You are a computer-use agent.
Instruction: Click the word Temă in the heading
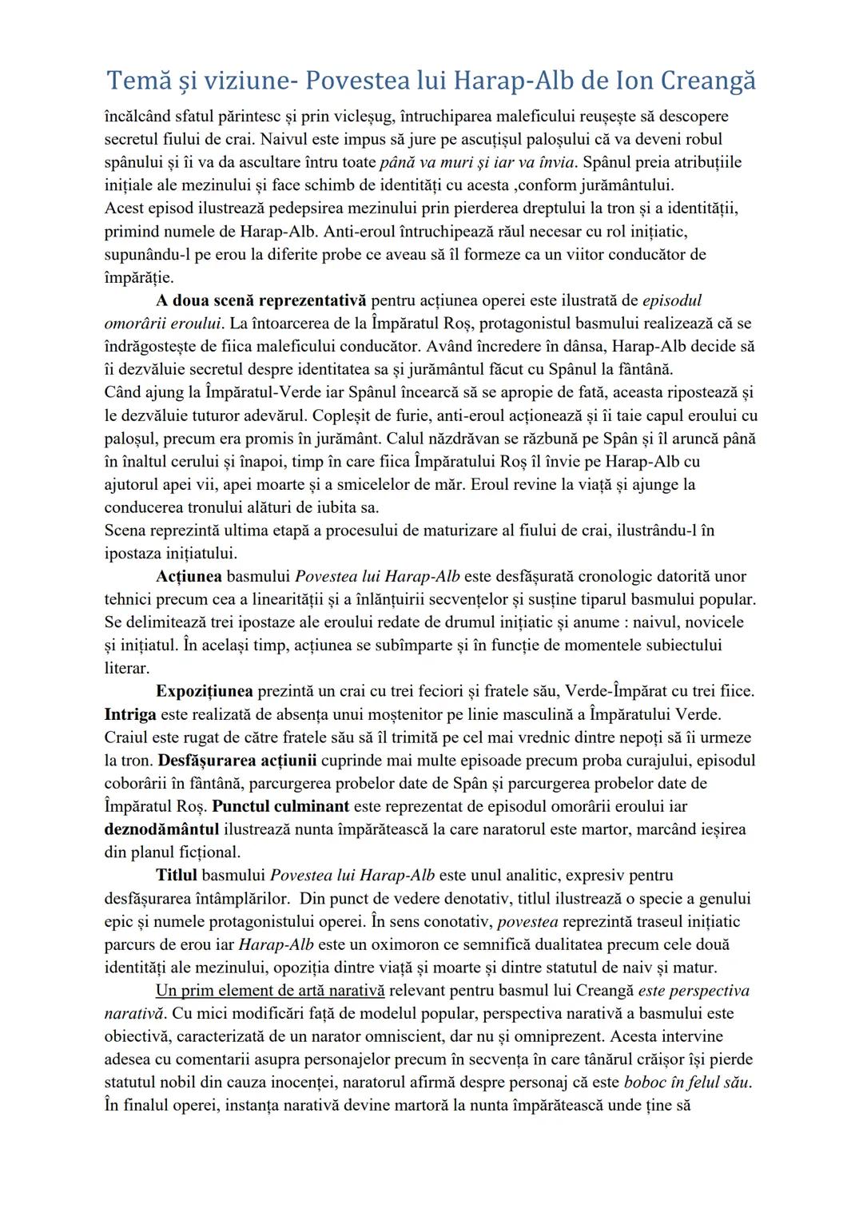click(x=133, y=81)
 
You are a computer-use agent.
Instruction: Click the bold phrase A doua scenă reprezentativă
click(x=260, y=300)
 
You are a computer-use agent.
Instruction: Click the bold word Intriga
click(x=130, y=713)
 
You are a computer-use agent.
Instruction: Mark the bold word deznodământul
click(x=162, y=829)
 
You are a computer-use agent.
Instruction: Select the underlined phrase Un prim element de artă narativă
click(x=270, y=991)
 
